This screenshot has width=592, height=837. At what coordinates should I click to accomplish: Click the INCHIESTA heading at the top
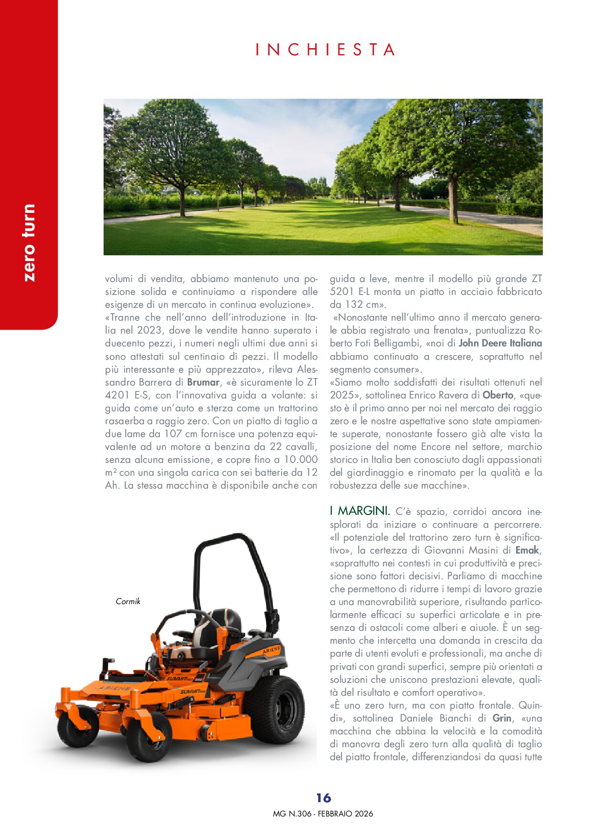(x=325, y=50)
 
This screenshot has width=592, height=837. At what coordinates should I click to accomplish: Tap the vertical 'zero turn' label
(x=29, y=242)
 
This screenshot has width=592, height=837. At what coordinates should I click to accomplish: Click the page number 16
(x=323, y=798)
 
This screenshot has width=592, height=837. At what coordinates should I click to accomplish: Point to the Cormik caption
(x=128, y=601)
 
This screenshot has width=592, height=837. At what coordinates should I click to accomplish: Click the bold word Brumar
(x=203, y=382)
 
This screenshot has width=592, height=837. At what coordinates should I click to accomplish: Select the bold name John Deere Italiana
(x=500, y=343)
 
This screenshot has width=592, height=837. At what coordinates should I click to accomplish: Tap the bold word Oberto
(x=498, y=395)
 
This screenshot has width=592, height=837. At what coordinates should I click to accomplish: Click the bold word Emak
(x=527, y=550)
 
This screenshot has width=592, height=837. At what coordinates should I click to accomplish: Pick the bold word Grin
(x=502, y=718)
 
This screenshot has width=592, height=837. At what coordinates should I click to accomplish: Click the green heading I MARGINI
(x=359, y=511)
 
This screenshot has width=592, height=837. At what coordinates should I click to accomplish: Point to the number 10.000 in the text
(x=301, y=460)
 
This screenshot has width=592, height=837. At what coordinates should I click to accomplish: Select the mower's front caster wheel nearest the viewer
(x=148, y=737)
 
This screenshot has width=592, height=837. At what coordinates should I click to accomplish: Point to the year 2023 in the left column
(x=149, y=330)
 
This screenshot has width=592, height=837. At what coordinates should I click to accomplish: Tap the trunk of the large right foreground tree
(x=453, y=200)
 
